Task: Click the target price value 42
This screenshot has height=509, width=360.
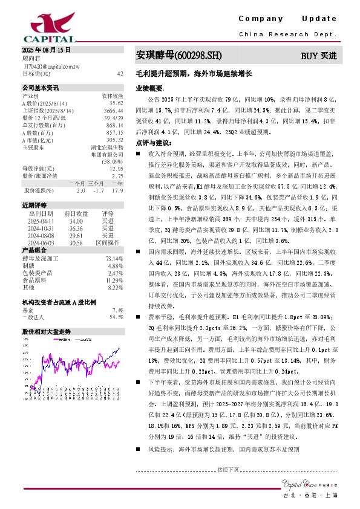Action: coord(120,73)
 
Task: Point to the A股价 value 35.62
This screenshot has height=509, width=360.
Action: coord(116,103)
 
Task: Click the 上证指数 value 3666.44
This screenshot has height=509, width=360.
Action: coord(114,111)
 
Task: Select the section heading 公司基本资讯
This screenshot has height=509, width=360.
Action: coord(41,88)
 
